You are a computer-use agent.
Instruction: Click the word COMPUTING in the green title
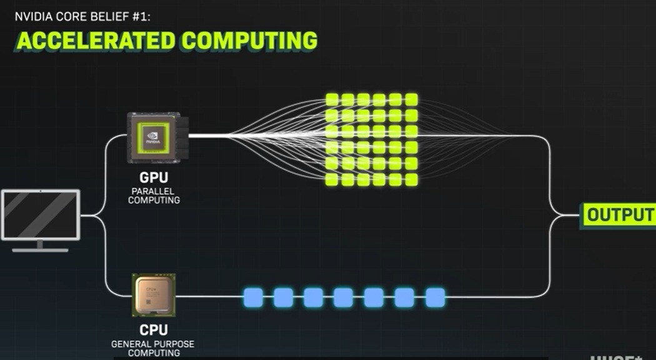[249, 40]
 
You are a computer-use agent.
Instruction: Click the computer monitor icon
[41, 215]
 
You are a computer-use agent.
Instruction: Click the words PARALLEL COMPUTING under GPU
[154, 196]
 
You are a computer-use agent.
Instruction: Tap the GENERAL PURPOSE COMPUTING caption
[152, 349]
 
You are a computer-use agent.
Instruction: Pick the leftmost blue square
[252, 297]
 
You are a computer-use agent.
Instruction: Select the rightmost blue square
[435, 297]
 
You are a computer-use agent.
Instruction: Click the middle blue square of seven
[343, 297]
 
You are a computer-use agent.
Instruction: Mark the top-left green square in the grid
[332, 99]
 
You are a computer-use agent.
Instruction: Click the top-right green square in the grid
[411, 99]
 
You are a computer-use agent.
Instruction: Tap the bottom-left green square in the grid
[332, 179]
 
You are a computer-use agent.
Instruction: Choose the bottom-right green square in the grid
[411, 179]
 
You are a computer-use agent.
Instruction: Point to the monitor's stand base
[40, 249]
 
